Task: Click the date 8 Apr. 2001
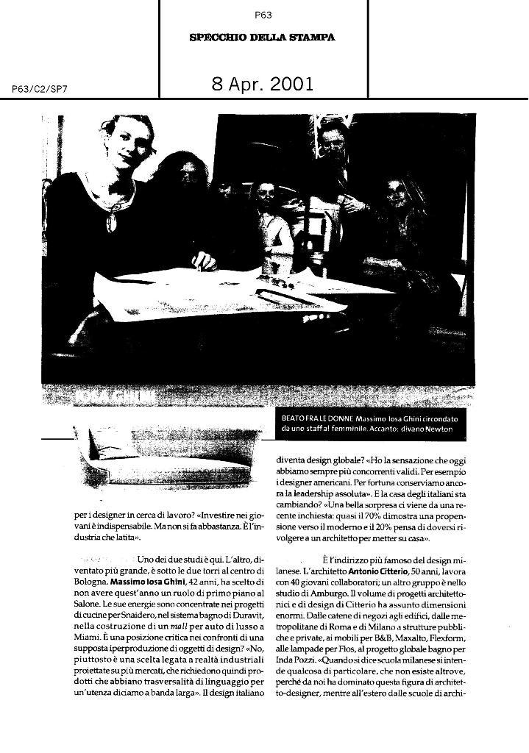(x=262, y=84)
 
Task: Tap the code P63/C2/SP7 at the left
(x=40, y=89)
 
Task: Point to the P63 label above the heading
(x=263, y=14)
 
